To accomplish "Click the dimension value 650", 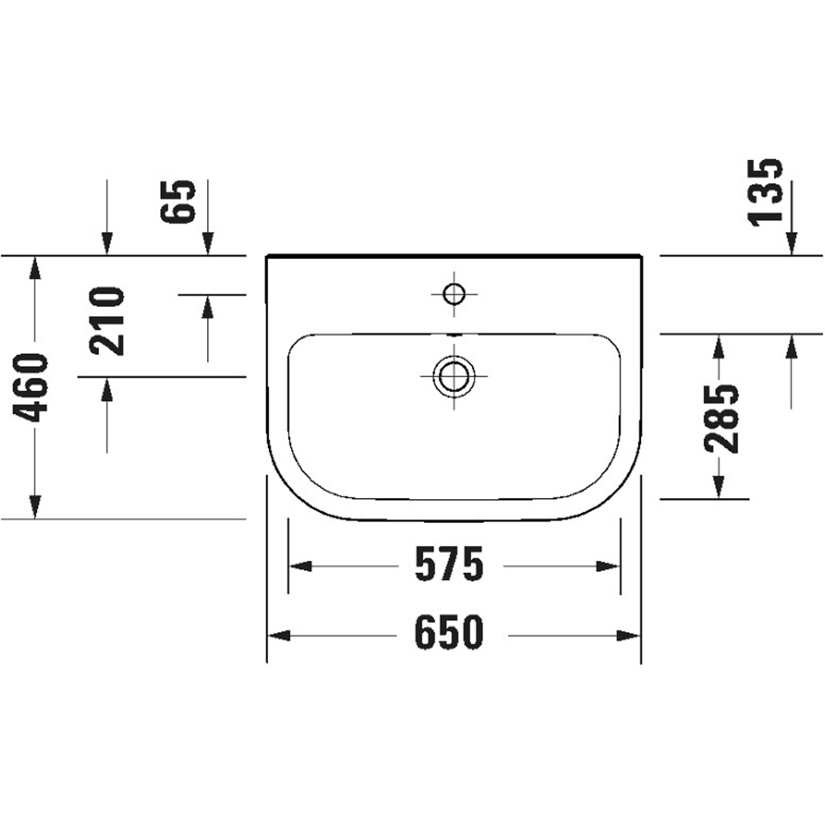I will coord(448,634).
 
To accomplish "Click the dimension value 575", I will coord(448,565).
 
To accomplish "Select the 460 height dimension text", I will coord(34,387).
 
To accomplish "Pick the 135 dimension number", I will coord(765,191).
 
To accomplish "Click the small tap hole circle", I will coord(454,292).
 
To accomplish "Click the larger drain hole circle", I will coord(454,375).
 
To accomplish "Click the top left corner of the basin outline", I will coord(268,257).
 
